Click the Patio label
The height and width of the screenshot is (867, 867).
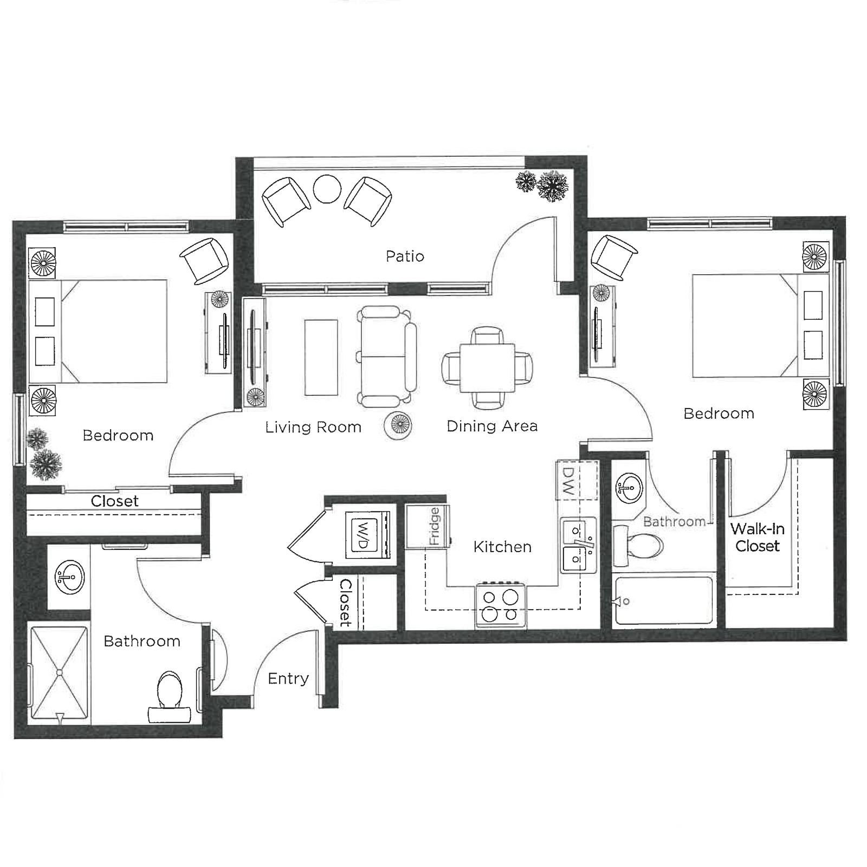click(405, 256)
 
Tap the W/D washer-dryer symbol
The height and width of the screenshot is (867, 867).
click(367, 535)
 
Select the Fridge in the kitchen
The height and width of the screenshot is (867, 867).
click(428, 526)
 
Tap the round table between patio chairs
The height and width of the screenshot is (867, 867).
click(327, 189)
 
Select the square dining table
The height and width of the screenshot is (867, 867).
click(487, 368)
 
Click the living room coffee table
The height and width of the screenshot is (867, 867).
click(321, 357)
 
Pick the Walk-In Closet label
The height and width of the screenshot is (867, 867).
click(757, 537)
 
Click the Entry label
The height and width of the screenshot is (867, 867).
click(288, 678)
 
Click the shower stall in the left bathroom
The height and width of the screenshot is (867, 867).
click(59, 673)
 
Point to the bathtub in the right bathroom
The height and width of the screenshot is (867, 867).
click(664, 601)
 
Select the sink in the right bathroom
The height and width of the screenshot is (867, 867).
click(629, 487)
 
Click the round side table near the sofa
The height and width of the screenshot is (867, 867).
click(398, 424)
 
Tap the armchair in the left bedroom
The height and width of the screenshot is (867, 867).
click(204, 260)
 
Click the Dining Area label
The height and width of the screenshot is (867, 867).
click(491, 426)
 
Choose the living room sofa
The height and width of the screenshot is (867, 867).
click(386, 357)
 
